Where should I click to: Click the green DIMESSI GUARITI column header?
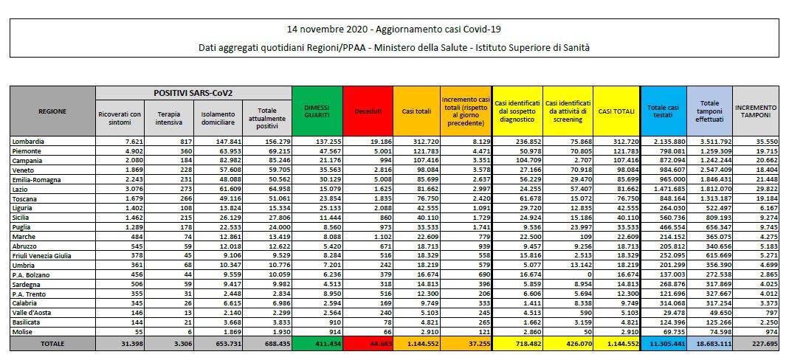point(317,111)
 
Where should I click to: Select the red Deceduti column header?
point(368,111)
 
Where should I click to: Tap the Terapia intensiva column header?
point(169,118)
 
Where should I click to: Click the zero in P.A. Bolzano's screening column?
point(589,275)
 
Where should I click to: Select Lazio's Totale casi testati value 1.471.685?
point(665,190)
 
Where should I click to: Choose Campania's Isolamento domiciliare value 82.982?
point(228,161)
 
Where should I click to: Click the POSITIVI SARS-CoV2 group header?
point(193,93)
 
